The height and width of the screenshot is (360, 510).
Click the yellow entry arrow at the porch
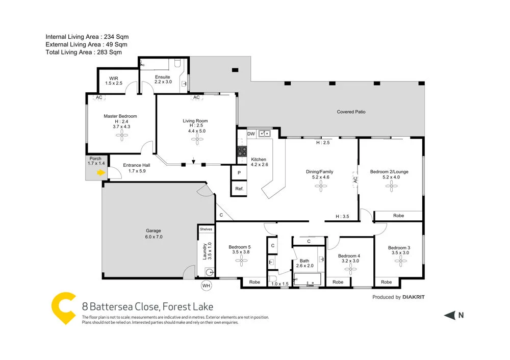click(101, 173)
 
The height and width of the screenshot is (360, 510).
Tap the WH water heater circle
click(206, 285)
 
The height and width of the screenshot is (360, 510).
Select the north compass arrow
click(449, 316)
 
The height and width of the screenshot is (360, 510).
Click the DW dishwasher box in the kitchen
click(251, 134)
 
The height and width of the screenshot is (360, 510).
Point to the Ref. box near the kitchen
click(239, 189)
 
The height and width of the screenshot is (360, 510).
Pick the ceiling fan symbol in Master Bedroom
click(121, 135)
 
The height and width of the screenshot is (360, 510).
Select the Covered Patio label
click(351, 112)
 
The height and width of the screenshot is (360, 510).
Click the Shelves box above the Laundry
click(206, 229)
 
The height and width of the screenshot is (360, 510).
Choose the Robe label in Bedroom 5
click(254, 282)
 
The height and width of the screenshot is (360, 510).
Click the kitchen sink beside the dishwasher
click(264, 134)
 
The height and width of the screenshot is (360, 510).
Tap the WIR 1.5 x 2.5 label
click(114, 81)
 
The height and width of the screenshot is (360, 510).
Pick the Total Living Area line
click(84, 52)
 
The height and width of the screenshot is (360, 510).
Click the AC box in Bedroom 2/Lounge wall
click(355, 179)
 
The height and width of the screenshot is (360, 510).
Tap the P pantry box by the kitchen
click(239, 172)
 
